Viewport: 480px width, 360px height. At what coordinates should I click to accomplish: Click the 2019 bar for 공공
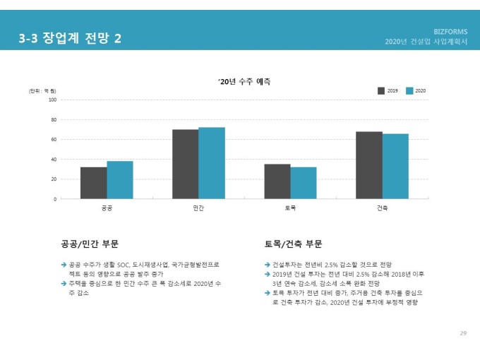94,183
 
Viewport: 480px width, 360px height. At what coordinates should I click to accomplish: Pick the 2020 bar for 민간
211,163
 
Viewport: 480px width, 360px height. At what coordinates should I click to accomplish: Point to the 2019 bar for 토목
277,181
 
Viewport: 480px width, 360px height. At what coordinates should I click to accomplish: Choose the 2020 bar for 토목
303,183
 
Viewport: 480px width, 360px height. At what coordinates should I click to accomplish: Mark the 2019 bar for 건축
368,165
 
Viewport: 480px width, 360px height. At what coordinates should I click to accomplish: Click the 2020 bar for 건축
395,167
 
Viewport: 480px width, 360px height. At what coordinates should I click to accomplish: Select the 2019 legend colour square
381,91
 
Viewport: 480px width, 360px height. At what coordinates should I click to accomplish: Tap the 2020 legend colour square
409,91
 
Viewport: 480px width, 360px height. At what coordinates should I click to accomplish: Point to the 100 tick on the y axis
52,100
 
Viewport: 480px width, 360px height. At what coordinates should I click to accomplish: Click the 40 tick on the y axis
54,160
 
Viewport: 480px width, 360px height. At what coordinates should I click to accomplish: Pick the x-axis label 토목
290,208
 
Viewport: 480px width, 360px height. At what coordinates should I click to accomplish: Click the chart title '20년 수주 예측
244,82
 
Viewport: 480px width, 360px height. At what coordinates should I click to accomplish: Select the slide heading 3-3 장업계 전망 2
70,39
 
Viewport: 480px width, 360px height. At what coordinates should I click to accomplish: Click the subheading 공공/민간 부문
90,244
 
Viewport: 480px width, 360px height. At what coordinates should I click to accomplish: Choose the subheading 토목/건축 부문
293,244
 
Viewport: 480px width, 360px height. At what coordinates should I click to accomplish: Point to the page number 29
463,332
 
